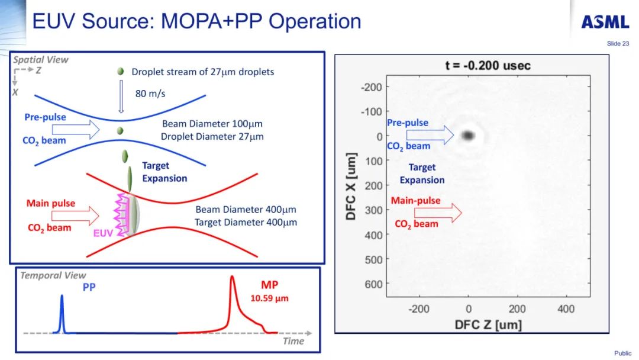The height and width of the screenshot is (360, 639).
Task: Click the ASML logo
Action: point(605,22)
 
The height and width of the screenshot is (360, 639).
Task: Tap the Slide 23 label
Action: point(618,44)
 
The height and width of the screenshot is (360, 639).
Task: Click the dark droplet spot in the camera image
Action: point(469,136)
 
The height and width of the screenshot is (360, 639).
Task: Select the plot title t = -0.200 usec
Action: point(488,66)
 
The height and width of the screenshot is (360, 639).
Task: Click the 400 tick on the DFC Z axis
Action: point(566,308)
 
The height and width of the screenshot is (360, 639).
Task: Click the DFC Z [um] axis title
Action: point(488,324)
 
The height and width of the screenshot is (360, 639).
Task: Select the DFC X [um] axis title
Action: point(351,186)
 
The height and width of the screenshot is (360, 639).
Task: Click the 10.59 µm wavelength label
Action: point(269,298)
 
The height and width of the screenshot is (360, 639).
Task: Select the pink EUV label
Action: point(103,233)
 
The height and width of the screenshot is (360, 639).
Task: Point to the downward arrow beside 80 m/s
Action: point(121,95)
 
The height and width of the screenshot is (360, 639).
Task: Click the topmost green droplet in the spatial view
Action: point(121,72)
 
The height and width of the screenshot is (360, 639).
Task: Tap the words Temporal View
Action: point(53,275)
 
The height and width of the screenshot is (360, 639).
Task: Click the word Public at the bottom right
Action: point(622,353)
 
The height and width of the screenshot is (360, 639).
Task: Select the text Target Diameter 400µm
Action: point(246,222)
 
